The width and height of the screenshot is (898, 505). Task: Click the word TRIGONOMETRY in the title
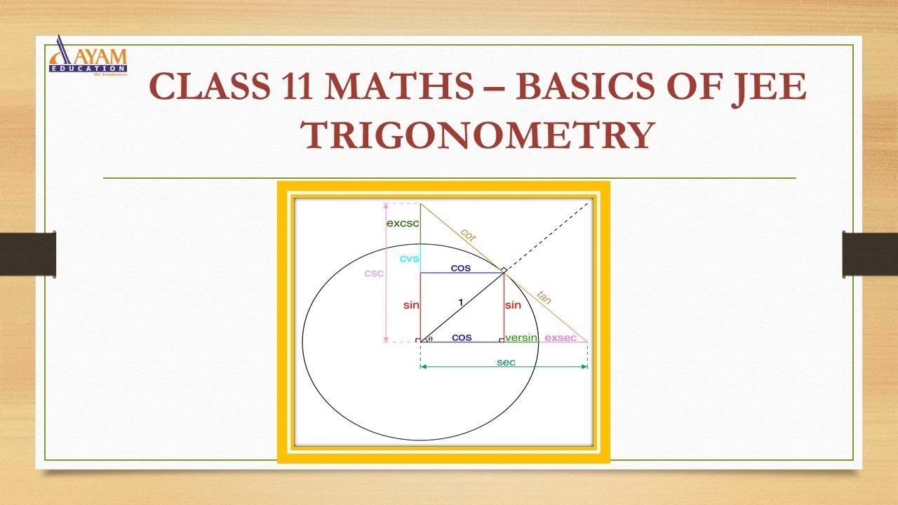[x=477, y=135]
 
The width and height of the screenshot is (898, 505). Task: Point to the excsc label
[x=403, y=223]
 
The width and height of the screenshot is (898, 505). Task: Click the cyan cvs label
[x=409, y=258]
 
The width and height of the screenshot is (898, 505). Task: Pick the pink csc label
[x=374, y=273]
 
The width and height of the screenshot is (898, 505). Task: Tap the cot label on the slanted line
[x=469, y=235]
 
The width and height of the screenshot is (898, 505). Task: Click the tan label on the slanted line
[x=544, y=297]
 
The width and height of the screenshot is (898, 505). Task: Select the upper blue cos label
[x=461, y=268]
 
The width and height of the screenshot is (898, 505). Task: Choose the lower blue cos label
[x=461, y=337]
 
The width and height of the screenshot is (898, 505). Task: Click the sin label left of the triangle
[x=411, y=306]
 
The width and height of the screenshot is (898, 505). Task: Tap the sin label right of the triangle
[x=513, y=305]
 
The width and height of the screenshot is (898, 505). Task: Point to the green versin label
[x=521, y=337]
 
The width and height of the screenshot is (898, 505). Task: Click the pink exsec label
[x=561, y=337]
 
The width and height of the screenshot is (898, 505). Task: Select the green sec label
[x=505, y=362]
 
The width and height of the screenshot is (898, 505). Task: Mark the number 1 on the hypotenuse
[x=460, y=302]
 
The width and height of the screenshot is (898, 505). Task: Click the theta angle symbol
[x=429, y=338]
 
